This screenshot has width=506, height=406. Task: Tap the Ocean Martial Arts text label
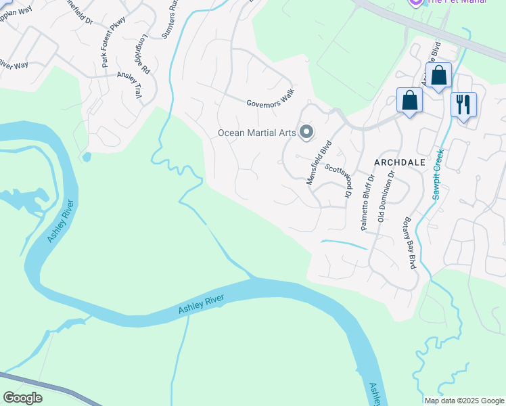tap(256, 133)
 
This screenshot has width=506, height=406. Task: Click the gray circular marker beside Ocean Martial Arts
tap(306, 132)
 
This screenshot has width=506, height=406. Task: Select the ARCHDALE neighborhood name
tap(400, 162)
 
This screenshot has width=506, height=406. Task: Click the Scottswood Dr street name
tap(340, 180)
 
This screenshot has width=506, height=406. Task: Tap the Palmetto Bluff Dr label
tap(367, 204)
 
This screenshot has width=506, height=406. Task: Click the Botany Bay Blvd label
tap(409, 243)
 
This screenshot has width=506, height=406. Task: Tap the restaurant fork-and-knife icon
tap(463, 104)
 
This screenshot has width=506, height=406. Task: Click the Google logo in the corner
tap(22, 397)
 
